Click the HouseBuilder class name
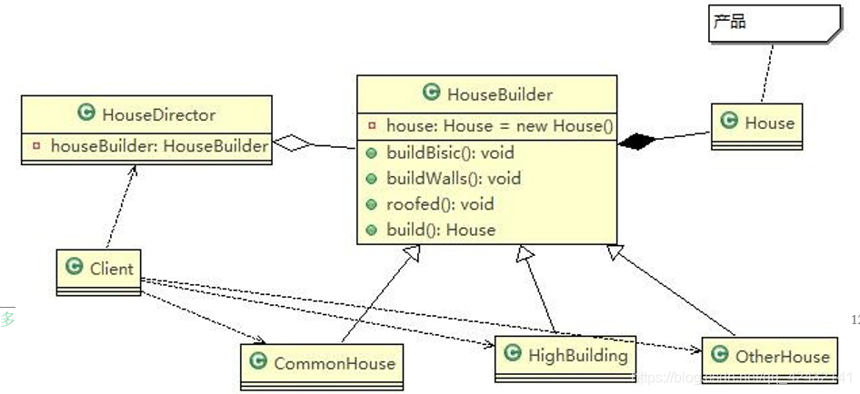pos(499,94)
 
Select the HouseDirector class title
pos(158,114)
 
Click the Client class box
pos(99,271)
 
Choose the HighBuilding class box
pos(566,356)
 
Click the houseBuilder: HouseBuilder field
pos(158,146)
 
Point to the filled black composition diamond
pos(635,141)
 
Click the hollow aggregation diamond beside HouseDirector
pos(293,143)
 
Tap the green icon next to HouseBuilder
pos(432,93)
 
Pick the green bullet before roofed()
pos(373,204)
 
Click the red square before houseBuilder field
pos(36,146)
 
